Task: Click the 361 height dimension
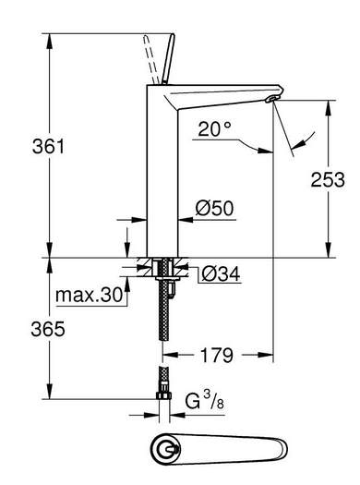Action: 49,146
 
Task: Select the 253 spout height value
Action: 328,179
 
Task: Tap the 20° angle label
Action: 214,129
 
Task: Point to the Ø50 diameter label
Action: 214,208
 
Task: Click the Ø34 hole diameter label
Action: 221,273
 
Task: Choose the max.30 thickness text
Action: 90,295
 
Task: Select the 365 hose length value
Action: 48,329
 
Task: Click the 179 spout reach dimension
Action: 217,355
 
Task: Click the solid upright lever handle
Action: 169,59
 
